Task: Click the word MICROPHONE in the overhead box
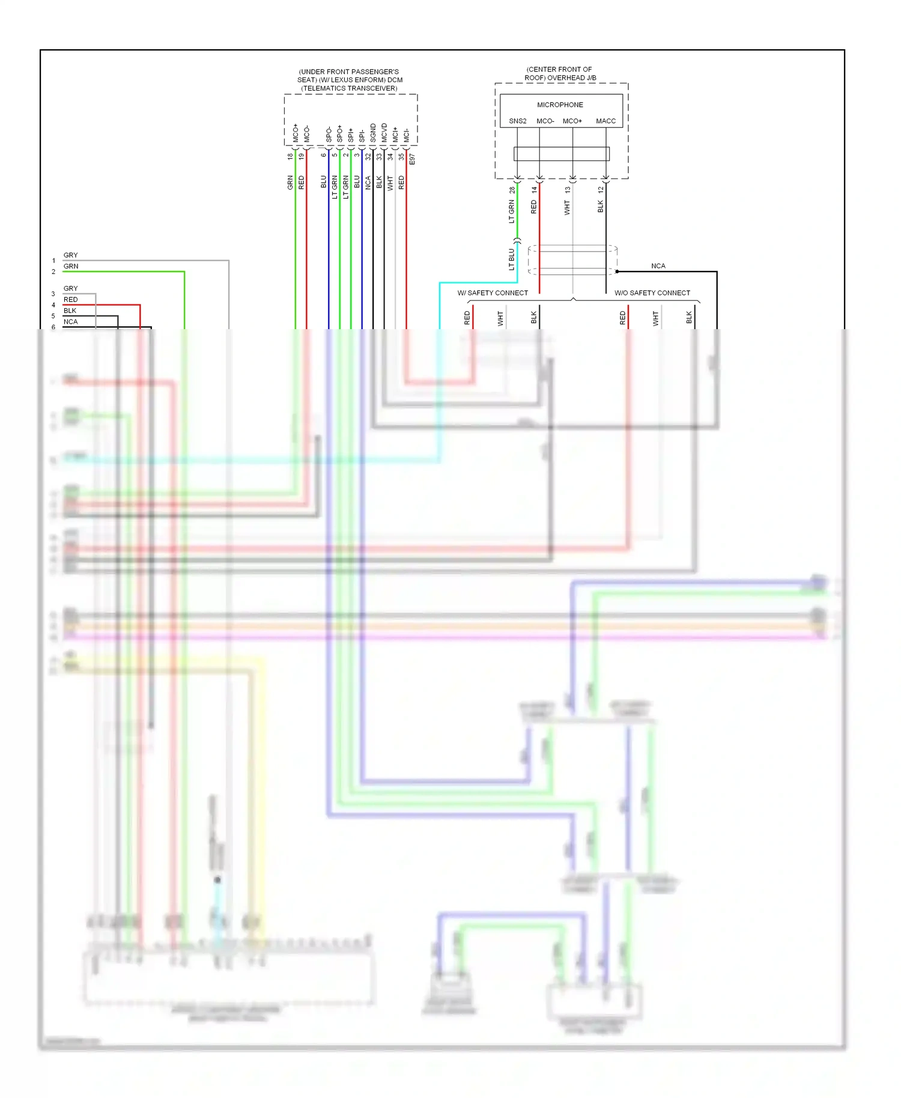[560, 105]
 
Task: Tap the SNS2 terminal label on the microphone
[517, 121]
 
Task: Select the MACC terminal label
[605, 121]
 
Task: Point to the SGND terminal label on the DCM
[373, 133]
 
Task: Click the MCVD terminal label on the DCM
[384, 133]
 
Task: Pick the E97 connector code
[412, 159]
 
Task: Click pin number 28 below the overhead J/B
[512, 190]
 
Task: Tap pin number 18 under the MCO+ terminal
[290, 156]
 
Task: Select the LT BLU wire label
[512, 259]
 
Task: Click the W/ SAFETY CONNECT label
[493, 293]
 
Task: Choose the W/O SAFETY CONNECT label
[652, 293]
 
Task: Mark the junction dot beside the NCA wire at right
[617, 271]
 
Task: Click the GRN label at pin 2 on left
[71, 266]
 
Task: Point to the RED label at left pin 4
[70, 300]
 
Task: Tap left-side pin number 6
[53, 327]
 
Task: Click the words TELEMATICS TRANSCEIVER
[349, 88]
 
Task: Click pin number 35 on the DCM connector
[401, 156]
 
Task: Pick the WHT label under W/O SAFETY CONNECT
[655, 318]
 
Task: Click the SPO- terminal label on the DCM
[329, 135]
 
